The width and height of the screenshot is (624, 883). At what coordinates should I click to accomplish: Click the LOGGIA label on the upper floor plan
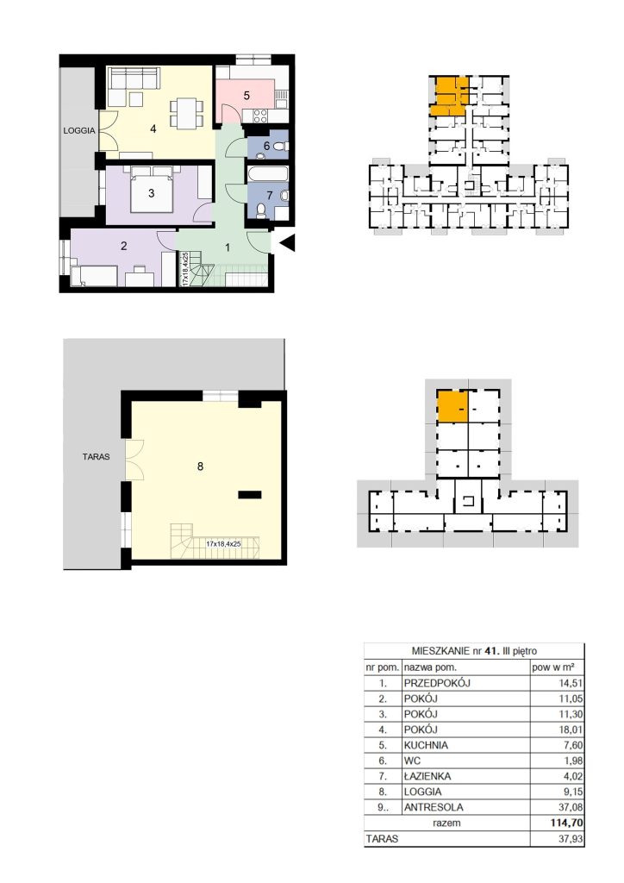tap(79, 131)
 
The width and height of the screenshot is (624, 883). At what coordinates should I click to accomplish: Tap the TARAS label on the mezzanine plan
tap(97, 457)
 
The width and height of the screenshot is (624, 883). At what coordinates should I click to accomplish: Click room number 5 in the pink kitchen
tap(246, 95)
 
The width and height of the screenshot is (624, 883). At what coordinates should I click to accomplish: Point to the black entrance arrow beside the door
tap(288, 242)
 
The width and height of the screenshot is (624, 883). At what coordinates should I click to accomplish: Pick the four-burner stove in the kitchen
tap(260, 116)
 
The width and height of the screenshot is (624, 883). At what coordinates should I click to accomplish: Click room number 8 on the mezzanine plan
tap(200, 467)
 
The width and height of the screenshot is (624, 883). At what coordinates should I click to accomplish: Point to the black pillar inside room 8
tap(250, 495)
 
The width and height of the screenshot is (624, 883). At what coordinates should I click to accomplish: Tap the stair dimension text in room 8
tap(223, 544)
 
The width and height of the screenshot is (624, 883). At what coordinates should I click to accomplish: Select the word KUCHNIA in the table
tap(426, 745)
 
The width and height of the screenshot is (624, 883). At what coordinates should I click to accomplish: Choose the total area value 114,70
tap(566, 823)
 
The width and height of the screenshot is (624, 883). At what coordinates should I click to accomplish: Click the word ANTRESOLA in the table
tap(434, 807)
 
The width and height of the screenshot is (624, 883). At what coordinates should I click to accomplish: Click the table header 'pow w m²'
tap(553, 667)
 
